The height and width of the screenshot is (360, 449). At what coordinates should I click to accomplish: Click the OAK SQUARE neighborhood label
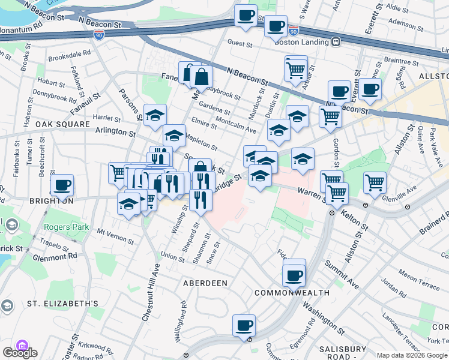28,124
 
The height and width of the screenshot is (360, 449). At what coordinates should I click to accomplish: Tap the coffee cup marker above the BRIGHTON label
62,185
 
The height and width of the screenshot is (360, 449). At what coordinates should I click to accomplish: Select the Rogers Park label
66,227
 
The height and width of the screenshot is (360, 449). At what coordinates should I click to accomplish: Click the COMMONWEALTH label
292,293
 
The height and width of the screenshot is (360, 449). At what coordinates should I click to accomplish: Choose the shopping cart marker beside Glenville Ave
375,181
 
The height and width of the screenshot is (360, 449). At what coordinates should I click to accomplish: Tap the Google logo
20,353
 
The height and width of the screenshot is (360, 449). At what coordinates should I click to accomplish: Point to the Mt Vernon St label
115,235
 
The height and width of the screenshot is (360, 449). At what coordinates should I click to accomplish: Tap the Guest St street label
240,43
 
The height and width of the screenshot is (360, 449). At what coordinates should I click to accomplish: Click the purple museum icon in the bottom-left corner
22,345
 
